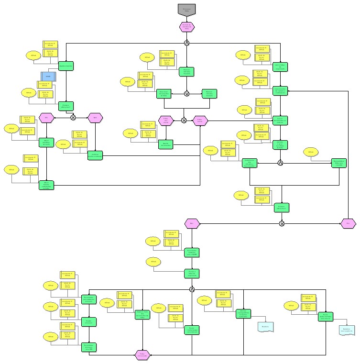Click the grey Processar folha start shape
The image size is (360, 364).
186,10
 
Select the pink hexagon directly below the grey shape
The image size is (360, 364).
186,27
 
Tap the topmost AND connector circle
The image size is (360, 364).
186,44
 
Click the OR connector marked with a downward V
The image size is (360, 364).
186,94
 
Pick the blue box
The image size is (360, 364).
48,76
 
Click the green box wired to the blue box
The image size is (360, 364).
66,66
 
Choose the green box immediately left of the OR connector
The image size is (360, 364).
164,94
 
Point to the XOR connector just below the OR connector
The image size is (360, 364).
184,120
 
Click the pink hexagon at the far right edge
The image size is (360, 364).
348,223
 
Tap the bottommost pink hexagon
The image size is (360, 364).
142,354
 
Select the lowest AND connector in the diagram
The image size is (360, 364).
192,289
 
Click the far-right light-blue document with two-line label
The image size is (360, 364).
348,330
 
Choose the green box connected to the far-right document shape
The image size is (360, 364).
326,317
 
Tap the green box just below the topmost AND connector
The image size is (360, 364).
186,72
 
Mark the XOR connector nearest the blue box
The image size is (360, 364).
73,117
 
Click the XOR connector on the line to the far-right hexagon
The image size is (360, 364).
281,223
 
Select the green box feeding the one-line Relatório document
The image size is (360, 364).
243,314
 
